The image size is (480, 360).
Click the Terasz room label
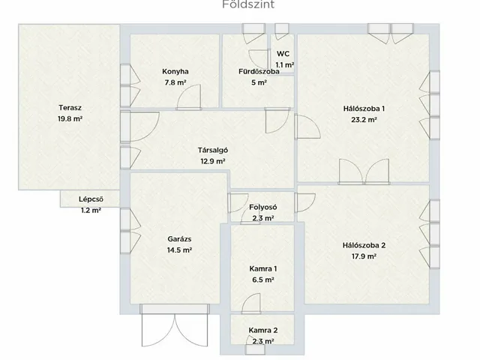(70, 108)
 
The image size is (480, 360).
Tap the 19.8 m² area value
(70, 118)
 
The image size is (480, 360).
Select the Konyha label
(175, 72)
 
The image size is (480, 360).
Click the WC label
(283, 54)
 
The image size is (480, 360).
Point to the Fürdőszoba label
(259, 72)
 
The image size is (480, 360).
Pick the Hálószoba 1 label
(364, 109)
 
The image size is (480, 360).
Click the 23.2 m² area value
(364, 120)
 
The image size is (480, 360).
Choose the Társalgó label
(213, 150)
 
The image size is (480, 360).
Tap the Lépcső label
(91, 199)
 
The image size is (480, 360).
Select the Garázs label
(179, 239)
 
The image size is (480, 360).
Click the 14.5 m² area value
(179, 250)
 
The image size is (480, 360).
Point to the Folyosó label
(263, 207)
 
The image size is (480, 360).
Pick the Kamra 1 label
(263, 268)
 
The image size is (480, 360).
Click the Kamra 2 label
(263, 331)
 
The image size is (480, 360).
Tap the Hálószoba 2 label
(364, 245)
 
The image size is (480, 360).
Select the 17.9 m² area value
(364, 256)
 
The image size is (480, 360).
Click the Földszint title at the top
(248, 4)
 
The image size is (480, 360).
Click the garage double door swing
(175, 331)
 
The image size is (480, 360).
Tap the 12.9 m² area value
(213, 161)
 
